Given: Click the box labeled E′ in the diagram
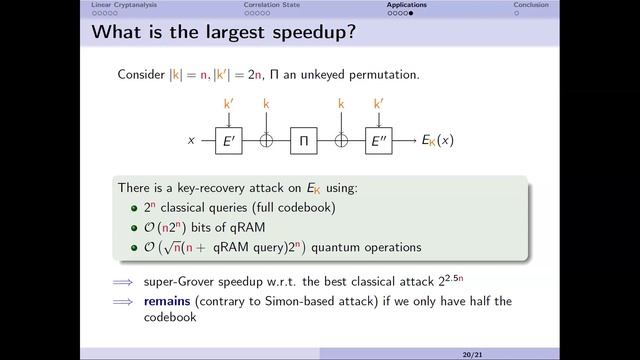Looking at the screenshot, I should pos(229,141).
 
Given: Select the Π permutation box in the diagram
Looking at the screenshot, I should pos(304,141).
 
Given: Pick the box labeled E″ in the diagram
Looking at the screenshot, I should pos(379,141).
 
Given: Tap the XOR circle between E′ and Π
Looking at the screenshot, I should pos(266,141).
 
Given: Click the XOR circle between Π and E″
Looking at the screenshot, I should pos(341,141).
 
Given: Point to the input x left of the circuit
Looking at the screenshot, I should pos(191,141).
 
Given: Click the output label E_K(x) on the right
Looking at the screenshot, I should pos(438,141).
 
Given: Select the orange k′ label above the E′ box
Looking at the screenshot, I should pos(229,103).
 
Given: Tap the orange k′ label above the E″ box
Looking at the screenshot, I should pos(379,103).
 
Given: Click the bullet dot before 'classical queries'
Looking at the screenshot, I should pos(134,209).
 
